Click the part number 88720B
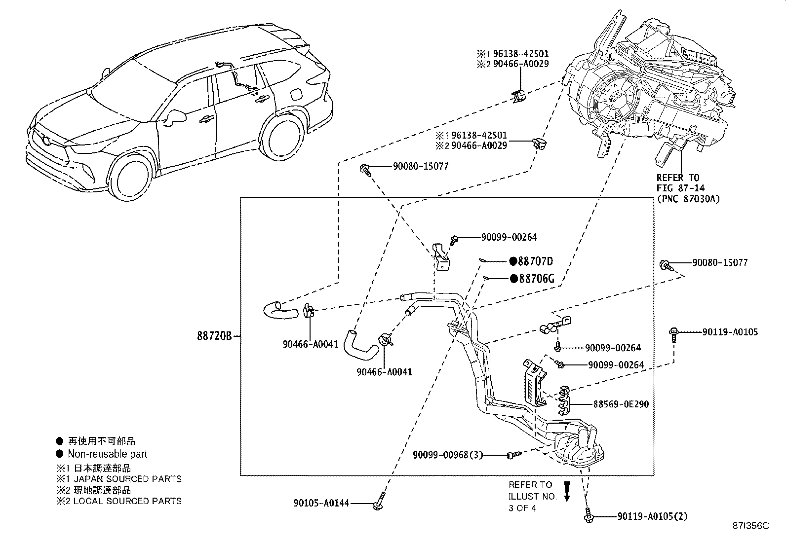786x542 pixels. (214, 336)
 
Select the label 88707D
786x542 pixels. (535, 261)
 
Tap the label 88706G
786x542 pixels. (536, 279)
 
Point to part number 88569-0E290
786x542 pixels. (621, 404)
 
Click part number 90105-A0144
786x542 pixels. (321, 503)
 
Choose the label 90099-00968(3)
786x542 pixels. (448, 455)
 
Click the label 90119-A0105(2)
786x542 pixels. (652, 516)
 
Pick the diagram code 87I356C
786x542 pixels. (751, 526)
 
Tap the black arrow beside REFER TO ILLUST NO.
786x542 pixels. (567, 492)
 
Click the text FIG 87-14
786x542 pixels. (680, 188)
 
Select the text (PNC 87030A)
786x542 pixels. (688, 199)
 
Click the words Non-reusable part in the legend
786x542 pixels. (107, 454)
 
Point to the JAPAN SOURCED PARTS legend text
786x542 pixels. (124, 479)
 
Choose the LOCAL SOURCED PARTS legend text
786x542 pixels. (124, 501)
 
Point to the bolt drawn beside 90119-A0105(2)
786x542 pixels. (588, 515)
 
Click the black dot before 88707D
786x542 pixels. (513, 261)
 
